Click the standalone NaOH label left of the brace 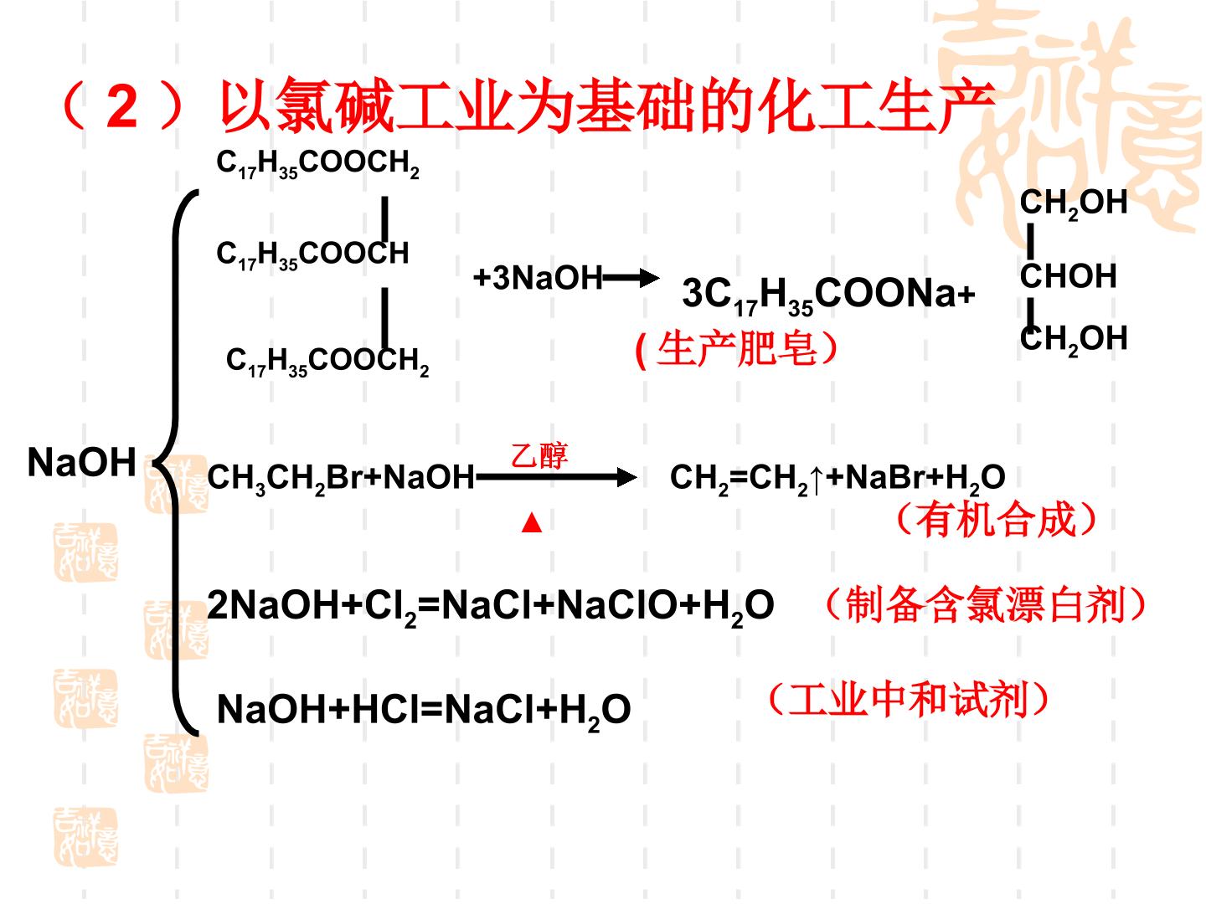[x=81, y=463]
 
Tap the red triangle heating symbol [x=531, y=522]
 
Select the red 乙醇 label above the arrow [x=539, y=455]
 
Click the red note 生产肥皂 [x=736, y=349]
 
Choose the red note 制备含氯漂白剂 [x=986, y=604]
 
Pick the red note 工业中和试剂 [x=908, y=699]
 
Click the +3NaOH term [x=538, y=278]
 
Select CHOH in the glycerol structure [x=1068, y=275]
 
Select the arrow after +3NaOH [x=631, y=278]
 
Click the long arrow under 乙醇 [x=557, y=477]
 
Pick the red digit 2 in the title [x=122, y=106]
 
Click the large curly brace [x=176, y=462]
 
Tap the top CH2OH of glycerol [x=1074, y=203]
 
